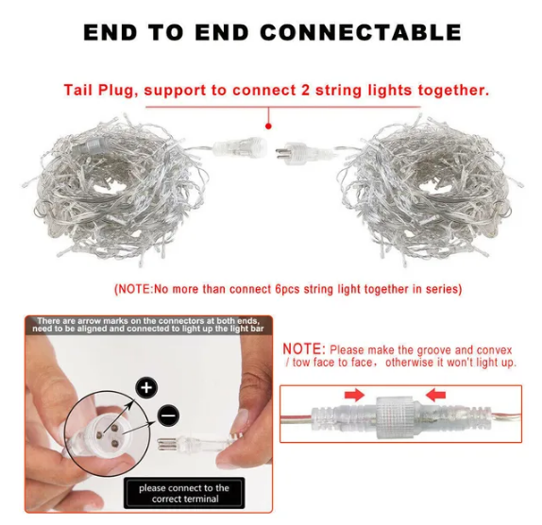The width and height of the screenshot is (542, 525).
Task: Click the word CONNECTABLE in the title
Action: coord(361,32)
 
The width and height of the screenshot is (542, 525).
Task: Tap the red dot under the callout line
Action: coord(268,127)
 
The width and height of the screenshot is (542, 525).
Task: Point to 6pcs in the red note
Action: coord(287,289)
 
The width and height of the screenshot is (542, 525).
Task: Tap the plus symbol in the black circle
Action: coord(146,387)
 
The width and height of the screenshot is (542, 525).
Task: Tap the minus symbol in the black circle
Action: coord(168,415)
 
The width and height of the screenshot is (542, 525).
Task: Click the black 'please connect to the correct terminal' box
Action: coord(184,493)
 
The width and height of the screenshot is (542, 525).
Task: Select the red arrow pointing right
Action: coord(354,395)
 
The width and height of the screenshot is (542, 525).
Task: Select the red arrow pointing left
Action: coord(435,395)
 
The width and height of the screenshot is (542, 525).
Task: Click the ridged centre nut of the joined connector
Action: coord(395,417)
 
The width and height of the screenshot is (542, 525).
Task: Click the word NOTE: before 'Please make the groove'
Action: coord(304,349)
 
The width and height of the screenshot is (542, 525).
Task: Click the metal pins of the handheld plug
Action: coord(168,444)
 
